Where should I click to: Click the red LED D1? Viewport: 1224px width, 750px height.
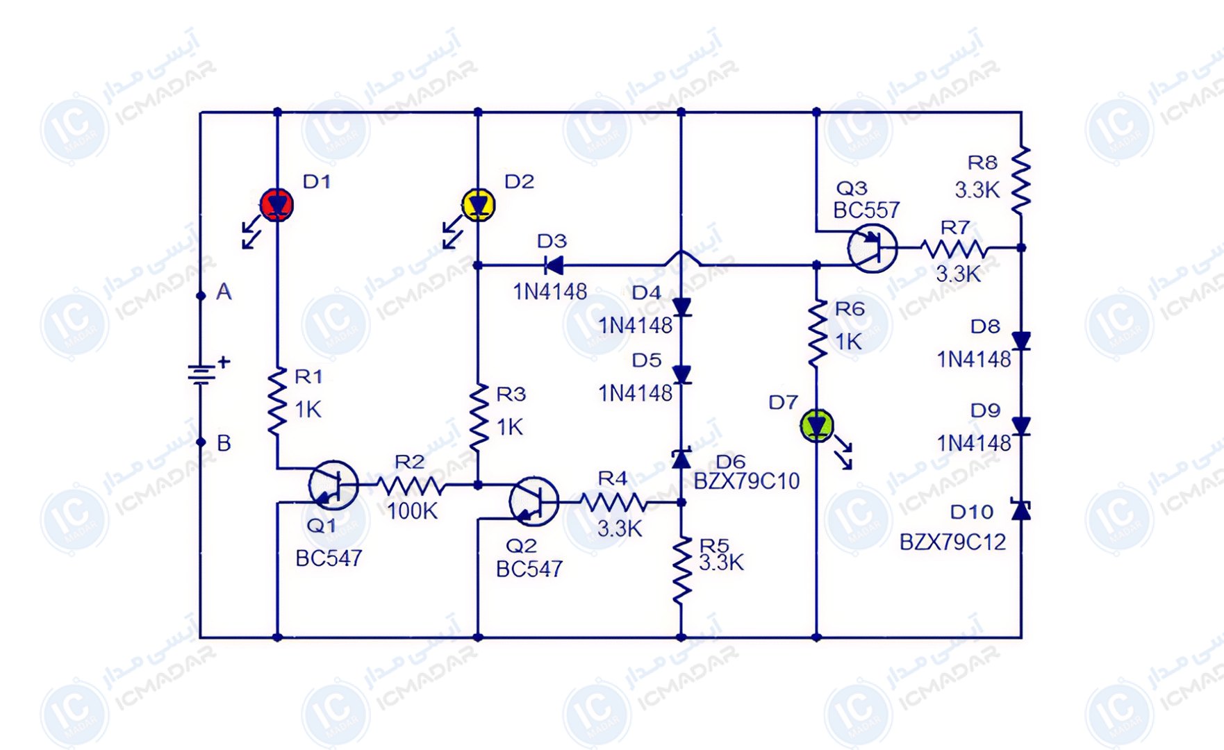click(276, 205)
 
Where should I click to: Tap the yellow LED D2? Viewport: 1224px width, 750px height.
click(478, 205)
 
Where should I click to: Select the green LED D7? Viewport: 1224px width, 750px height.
click(817, 426)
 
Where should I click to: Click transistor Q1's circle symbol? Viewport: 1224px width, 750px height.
click(333, 485)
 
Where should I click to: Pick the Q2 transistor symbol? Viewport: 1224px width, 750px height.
click(534, 501)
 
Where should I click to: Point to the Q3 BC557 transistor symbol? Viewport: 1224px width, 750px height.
click(872, 248)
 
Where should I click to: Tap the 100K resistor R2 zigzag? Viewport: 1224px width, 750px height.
click(411, 485)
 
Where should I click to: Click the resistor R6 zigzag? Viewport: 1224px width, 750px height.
click(818, 333)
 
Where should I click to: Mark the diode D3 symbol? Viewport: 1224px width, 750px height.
click(554, 265)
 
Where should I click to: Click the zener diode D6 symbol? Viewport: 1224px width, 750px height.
click(681, 458)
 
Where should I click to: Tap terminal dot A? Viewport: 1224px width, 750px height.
click(201, 296)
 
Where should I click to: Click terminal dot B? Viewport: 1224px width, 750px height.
click(201, 442)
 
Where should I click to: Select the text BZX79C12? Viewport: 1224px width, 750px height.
click(952, 542)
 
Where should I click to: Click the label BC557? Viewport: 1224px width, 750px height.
click(866, 210)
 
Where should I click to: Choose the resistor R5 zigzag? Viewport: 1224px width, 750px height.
click(681, 569)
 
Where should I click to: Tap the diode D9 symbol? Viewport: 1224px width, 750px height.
click(1020, 425)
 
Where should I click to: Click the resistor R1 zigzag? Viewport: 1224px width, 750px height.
click(277, 402)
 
